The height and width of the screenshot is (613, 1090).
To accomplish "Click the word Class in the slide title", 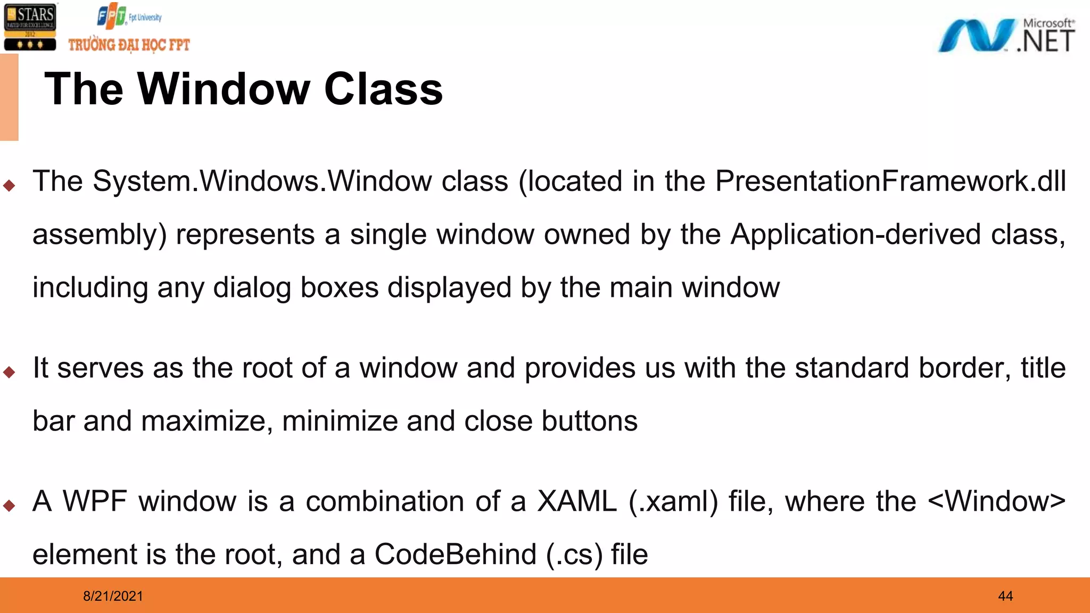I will (383, 89).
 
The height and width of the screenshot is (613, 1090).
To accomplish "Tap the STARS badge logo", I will (30, 27).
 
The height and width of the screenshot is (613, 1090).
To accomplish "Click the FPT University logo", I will (129, 17).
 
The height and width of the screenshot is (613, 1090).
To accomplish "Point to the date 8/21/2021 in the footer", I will (113, 596).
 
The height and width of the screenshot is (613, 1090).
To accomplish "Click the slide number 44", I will (1005, 596).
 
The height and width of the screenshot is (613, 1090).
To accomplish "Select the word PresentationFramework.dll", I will (890, 181).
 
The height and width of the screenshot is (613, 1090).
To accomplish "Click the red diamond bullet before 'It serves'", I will (9, 372).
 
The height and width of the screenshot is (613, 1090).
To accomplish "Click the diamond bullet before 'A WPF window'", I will (9, 505).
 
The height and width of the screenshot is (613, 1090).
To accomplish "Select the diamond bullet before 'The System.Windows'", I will (9, 185).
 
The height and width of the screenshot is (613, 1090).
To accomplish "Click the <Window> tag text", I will (997, 501).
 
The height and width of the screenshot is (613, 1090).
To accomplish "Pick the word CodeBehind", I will (456, 554).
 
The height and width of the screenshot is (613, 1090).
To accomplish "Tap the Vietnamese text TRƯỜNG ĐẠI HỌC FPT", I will (129, 45).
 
